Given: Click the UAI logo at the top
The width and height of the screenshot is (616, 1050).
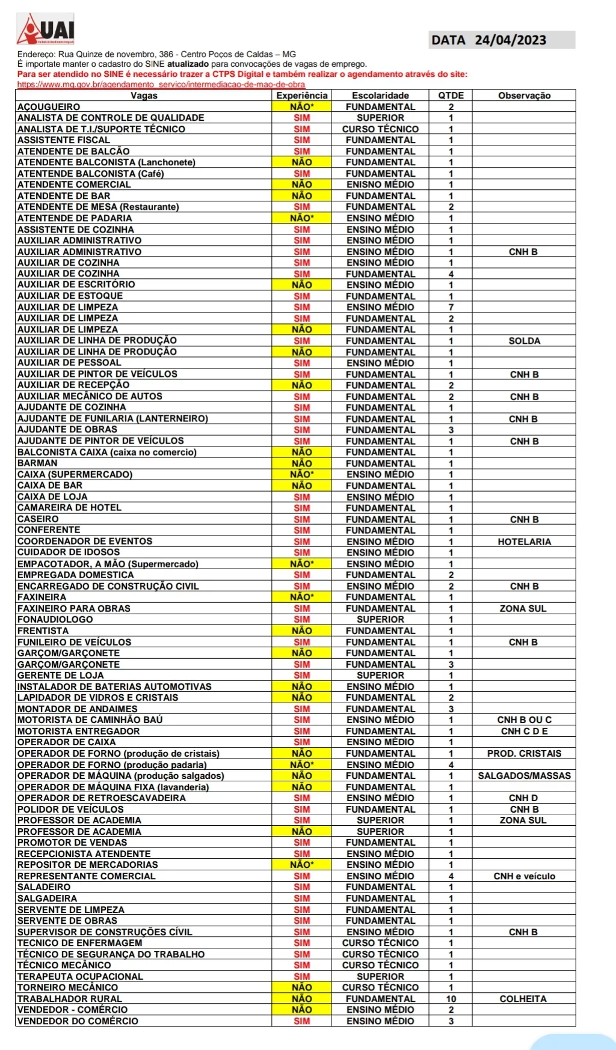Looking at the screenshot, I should coord(46,29).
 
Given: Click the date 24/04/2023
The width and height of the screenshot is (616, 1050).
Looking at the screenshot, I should coord(510,40).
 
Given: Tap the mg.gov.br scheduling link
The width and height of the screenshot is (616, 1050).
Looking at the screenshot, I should coord(161,85).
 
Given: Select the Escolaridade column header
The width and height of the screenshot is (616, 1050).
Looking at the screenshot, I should coord(380,96).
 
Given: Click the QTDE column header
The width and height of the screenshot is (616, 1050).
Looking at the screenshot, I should coord(451,96).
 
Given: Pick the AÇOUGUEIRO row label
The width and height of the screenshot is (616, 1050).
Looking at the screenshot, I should coord(49,107).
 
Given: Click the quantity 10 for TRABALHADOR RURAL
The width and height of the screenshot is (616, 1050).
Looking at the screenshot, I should coord(451,998).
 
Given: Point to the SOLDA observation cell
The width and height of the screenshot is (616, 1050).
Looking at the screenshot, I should coord(524,341).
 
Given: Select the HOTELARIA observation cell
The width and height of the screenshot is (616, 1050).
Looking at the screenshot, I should coord(524,542).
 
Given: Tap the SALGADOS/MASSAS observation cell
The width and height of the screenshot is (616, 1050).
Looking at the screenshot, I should coord(524,776).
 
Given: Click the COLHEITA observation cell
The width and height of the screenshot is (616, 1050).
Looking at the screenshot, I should coord(523,998).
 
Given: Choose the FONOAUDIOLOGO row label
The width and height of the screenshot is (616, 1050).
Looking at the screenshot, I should coord(55,620).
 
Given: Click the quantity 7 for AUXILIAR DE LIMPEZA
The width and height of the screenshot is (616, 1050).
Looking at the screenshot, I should coord(451,307).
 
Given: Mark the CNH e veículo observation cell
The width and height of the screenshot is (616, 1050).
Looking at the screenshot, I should coord(524,876).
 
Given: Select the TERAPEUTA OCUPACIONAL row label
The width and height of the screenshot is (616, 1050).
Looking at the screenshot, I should coord(80,977).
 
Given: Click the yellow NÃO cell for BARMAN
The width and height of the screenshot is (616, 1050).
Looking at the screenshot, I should coord(301,463).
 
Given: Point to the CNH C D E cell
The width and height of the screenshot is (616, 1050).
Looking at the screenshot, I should coord(524,731).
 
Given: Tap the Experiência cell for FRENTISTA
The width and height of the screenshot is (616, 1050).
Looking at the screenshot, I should coord(301,630).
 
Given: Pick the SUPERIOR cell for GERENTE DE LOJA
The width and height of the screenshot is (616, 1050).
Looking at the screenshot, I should coord(380,676).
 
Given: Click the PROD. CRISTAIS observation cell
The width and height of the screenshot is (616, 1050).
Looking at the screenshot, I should coord(524,754).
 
